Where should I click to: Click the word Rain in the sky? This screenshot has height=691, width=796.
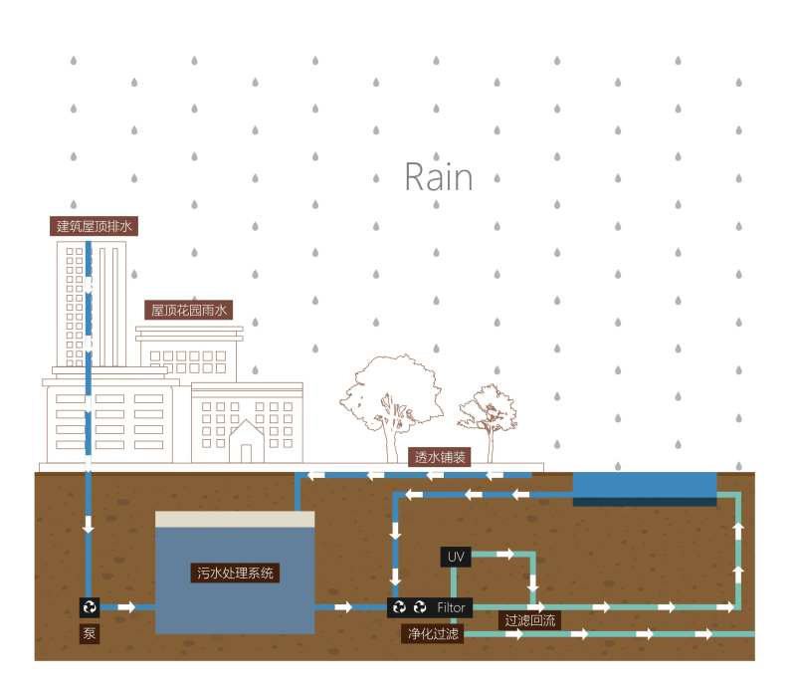[438, 177]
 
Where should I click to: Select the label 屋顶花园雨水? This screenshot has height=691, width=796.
[189, 311]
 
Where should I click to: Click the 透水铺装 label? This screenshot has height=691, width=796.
[439, 457]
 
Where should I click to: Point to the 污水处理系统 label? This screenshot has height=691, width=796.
[235, 574]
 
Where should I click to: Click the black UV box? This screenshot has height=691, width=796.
[456, 556]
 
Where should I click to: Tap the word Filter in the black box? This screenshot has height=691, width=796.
[452, 606]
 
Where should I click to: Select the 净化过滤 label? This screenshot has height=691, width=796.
[432, 633]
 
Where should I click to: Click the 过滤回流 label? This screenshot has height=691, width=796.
[530, 620]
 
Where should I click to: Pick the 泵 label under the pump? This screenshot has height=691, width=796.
[89, 632]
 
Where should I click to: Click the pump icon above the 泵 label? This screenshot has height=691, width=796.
[90, 606]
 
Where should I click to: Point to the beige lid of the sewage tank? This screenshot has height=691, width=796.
[235, 519]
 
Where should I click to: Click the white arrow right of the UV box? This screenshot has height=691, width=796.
[505, 554]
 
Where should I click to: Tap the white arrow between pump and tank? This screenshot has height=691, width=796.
[125, 606]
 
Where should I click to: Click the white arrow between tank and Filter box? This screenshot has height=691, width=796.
[343, 606]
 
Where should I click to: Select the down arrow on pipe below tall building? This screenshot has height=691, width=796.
[89, 523]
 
